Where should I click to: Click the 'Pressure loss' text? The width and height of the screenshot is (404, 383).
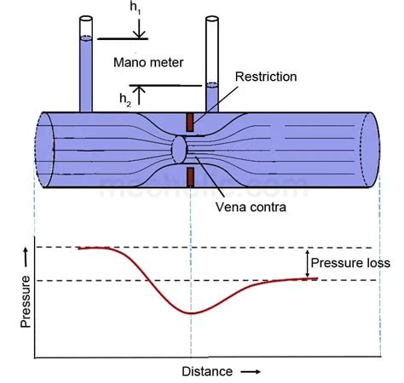349,263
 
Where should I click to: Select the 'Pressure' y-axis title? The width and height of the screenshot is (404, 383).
25,301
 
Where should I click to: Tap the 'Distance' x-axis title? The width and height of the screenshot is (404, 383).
205,371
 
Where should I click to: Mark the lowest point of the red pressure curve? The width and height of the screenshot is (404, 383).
192,313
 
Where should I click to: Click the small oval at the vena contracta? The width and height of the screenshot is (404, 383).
180,149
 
